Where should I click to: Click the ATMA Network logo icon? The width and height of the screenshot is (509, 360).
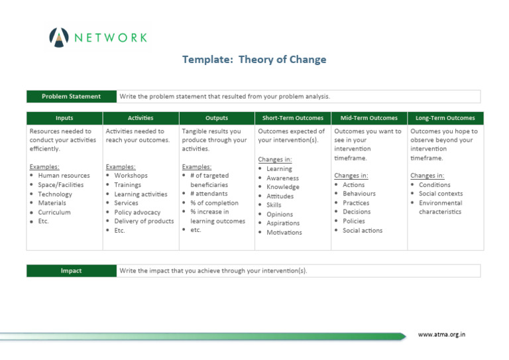58,38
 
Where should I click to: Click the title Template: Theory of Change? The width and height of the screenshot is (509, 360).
254,60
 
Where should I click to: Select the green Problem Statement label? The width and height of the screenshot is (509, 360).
71,96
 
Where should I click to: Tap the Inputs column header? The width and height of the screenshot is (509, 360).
64,118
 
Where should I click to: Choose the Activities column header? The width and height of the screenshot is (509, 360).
141,118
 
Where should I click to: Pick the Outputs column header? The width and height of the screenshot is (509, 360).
217,118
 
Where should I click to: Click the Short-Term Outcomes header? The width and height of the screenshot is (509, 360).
292,118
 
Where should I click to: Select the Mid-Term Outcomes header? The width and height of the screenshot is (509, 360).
368,118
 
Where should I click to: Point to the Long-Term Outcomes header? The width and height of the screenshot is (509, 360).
445,118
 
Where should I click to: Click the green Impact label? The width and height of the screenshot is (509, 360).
71,270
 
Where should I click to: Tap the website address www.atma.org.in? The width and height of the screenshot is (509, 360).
441,335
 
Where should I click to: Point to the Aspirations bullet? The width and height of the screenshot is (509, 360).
283,223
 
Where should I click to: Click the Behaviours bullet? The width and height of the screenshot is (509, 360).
359,194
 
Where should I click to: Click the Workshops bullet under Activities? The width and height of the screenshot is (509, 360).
131,176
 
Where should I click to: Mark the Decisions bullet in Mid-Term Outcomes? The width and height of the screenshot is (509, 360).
357,212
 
